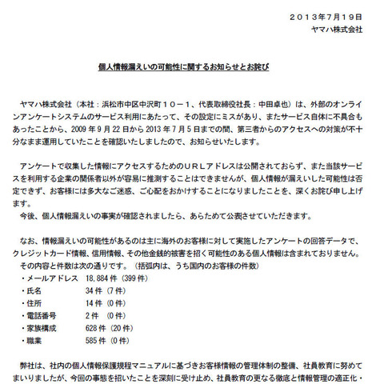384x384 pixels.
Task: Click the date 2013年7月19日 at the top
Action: point(328,16)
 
